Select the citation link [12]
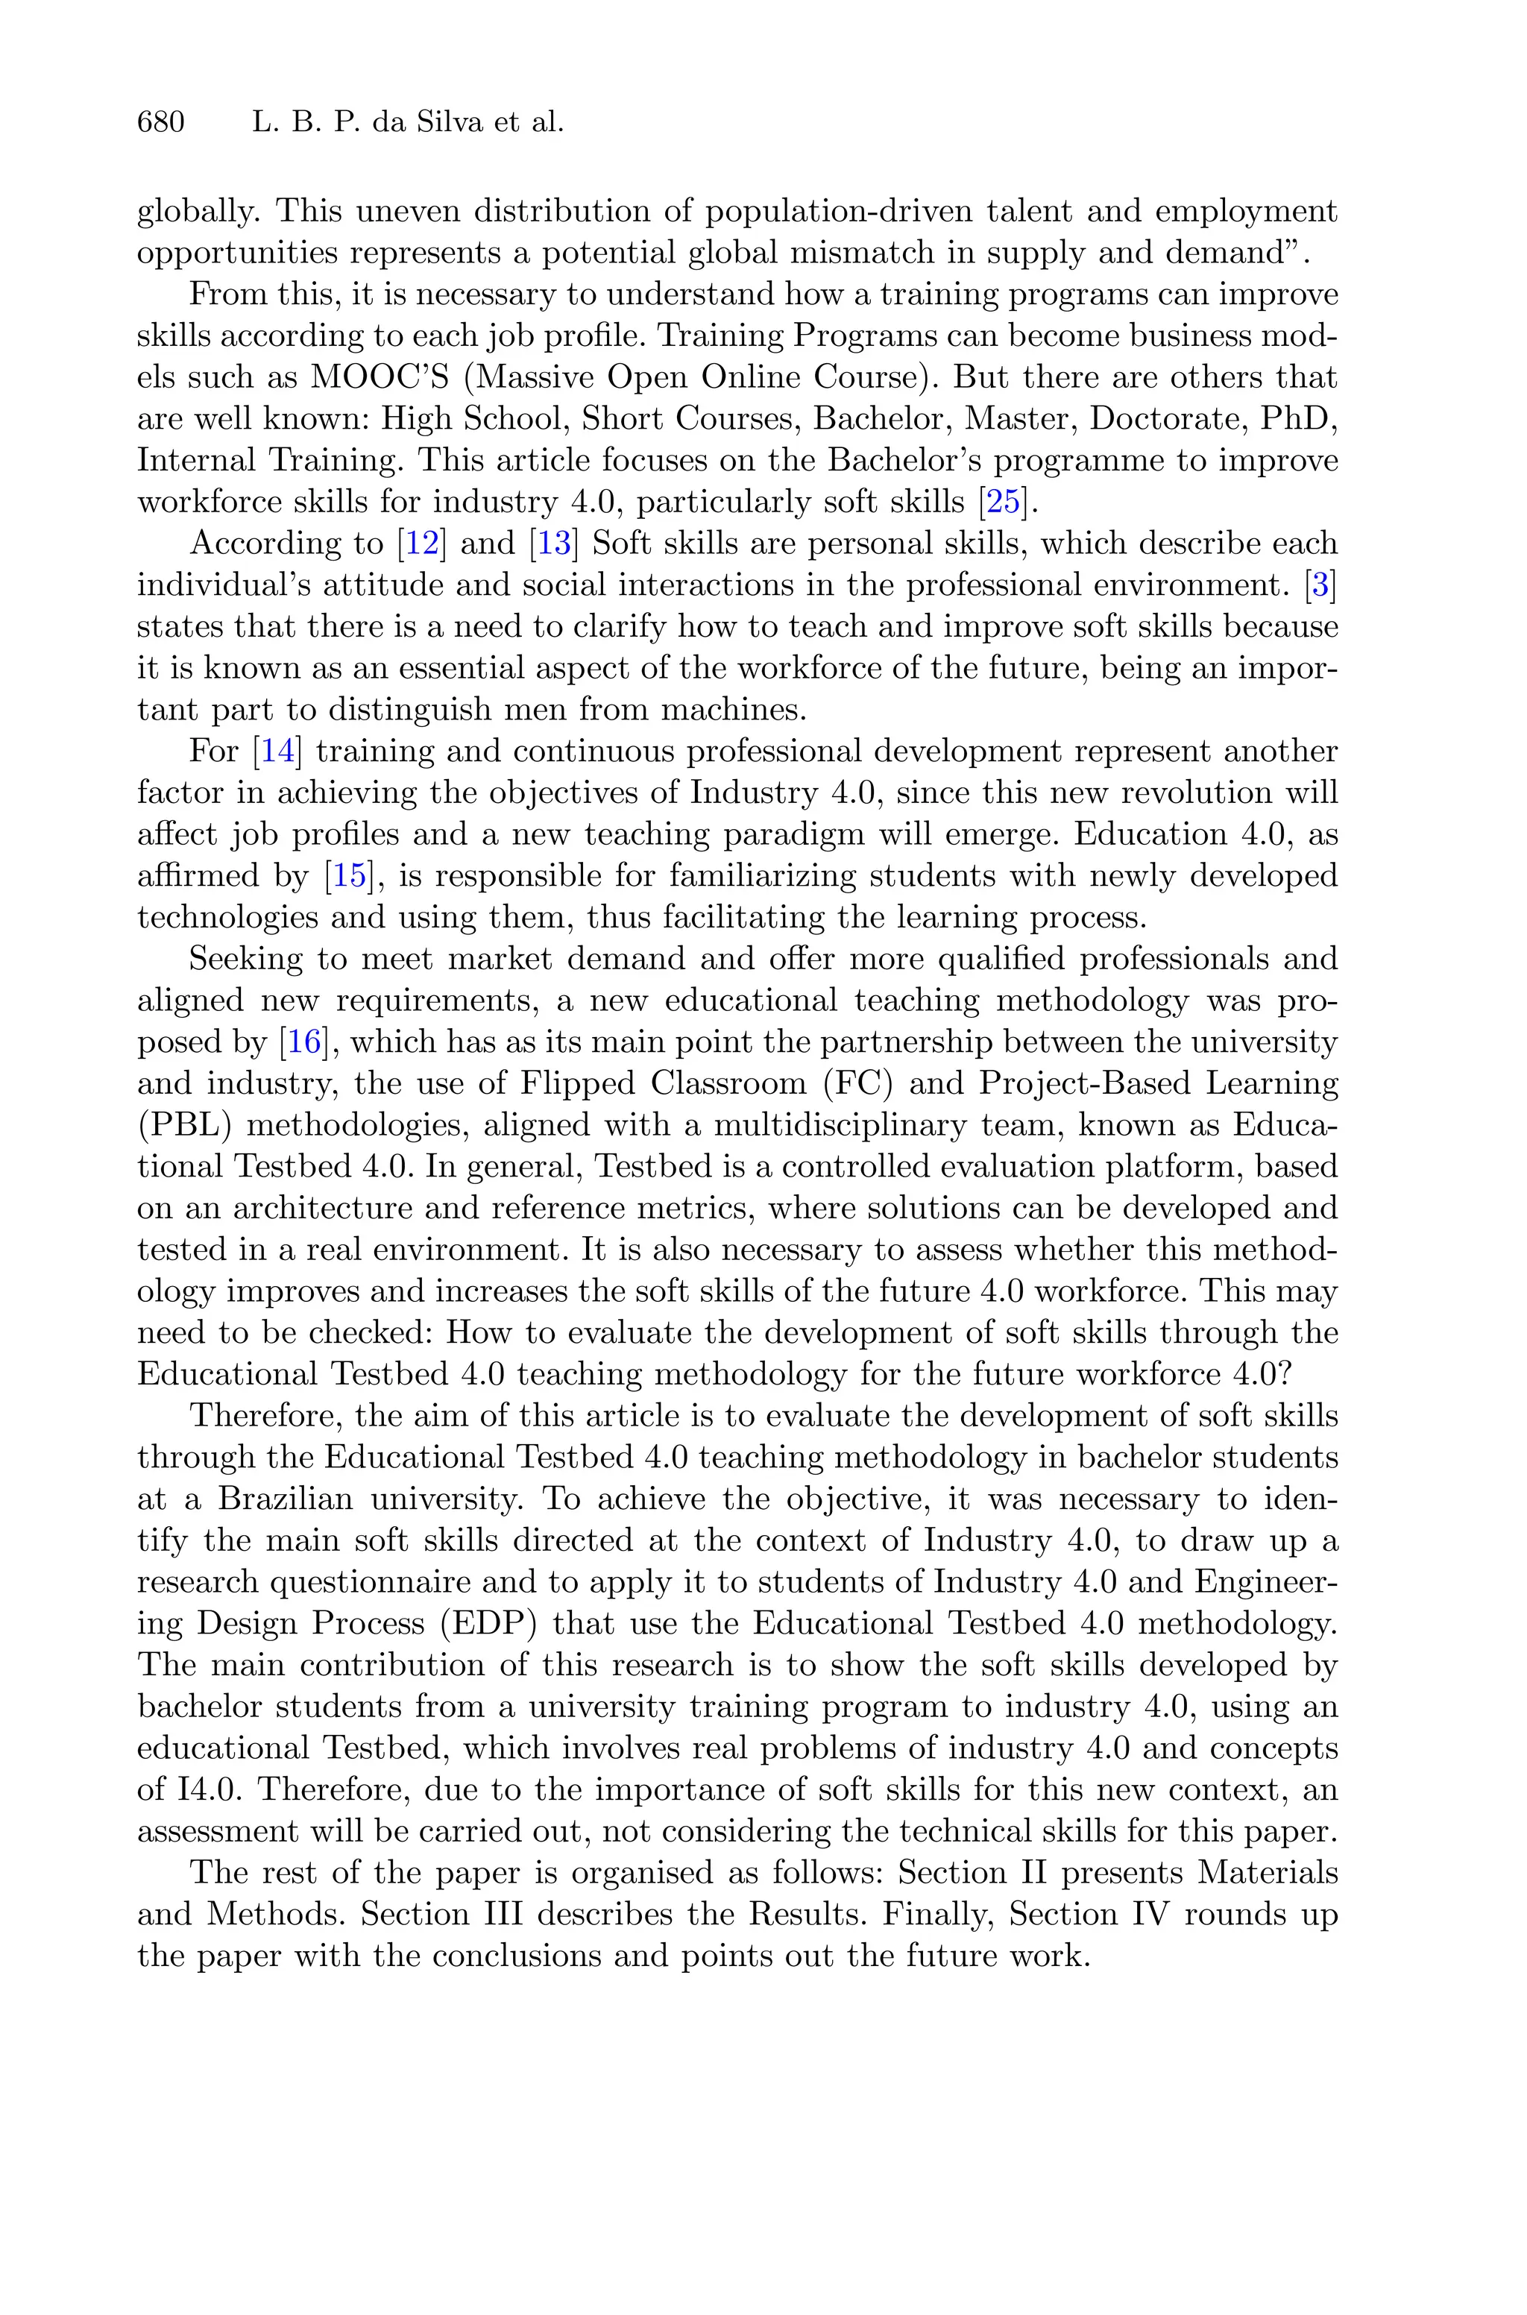pyautogui.click(x=422, y=544)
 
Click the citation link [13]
pyautogui.click(x=553, y=544)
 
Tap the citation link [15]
pyautogui.click(x=349, y=876)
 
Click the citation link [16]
pyautogui.click(x=304, y=1042)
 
